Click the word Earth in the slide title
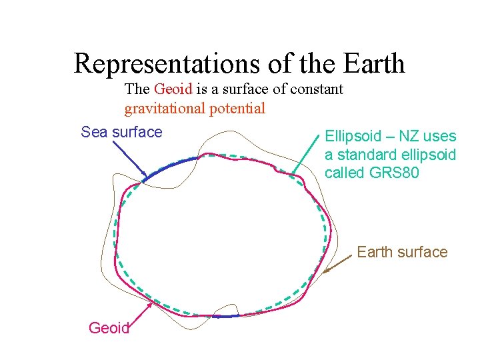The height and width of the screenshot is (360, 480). [375, 64]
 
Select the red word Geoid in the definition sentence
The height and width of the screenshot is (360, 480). [173, 89]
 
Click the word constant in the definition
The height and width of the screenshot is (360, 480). [314, 89]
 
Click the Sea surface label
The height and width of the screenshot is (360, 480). [121, 132]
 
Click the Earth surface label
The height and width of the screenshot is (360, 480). [402, 252]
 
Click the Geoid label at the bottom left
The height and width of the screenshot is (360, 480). [108, 327]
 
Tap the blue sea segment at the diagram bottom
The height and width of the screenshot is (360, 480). [223, 316]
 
